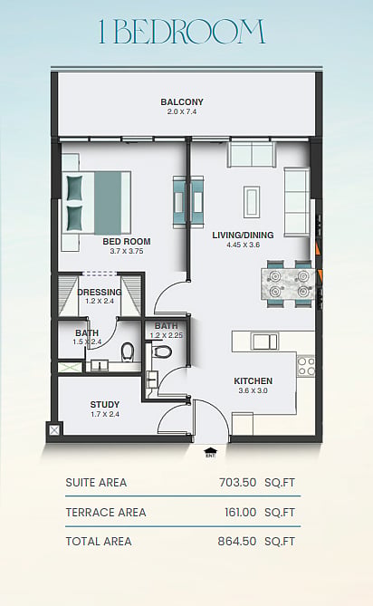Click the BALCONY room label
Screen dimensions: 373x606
pyautogui.click(x=182, y=102)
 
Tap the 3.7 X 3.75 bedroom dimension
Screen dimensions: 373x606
pyautogui.click(x=127, y=251)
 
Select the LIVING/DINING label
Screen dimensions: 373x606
pyautogui.click(x=243, y=235)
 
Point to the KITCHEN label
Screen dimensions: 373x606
pyautogui.click(x=253, y=381)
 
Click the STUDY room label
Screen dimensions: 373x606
pyautogui.click(x=105, y=405)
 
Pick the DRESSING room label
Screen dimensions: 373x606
pyautogui.click(x=100, y=293)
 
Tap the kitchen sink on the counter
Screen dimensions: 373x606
pyautogui.click(x=264, y=341)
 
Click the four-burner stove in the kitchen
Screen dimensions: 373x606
pyautogui.click(x=306, y=366)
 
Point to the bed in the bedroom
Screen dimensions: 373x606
pyautogui.click(x=96, y=203)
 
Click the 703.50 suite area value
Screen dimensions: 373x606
pyautogui.click(x=237, y=482)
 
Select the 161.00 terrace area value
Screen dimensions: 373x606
pyautogui.click(x=240, y=513)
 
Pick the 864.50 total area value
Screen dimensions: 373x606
pyautogui.click(x=236, y=542)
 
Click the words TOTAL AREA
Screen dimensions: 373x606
pyautogui.click(x=99, y=542)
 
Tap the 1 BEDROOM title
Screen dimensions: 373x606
pyautogui.click(x=182, y=32)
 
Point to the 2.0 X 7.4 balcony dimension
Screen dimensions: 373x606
pyautogui.click(x=182, y=112)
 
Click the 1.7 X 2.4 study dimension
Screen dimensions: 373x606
pyautogui.click(x=105, y=414)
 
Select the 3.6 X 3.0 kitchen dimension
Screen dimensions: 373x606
pyautogui.click(x=253, y=390)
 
